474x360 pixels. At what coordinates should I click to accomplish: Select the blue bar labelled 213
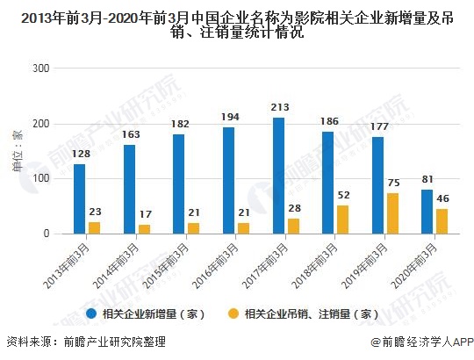point(278,176)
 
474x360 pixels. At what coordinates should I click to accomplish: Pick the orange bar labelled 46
point(442,221)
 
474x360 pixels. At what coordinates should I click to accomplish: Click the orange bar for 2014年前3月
point(144,229)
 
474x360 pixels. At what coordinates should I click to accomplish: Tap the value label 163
point(129,135)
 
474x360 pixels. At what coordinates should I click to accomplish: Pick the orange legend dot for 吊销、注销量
point(233,313)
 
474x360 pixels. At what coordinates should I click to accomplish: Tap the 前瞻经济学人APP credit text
point(420,342)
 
